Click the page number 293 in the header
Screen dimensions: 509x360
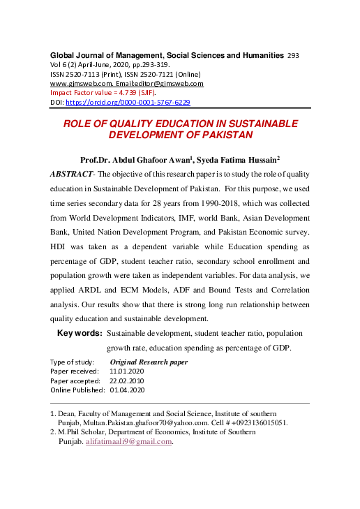[293, 54]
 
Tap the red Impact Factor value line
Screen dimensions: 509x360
[102, 93]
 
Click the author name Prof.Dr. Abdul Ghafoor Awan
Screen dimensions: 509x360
[137, 159]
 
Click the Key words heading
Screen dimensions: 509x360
[79, 334]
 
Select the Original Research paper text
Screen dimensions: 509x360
[149, 362]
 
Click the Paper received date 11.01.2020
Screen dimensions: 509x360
[126, 371]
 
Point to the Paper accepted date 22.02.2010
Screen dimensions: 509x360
[126, 381]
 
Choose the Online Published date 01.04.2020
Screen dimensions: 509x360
[126, 390]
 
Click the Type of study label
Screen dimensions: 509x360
[72, 362]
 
